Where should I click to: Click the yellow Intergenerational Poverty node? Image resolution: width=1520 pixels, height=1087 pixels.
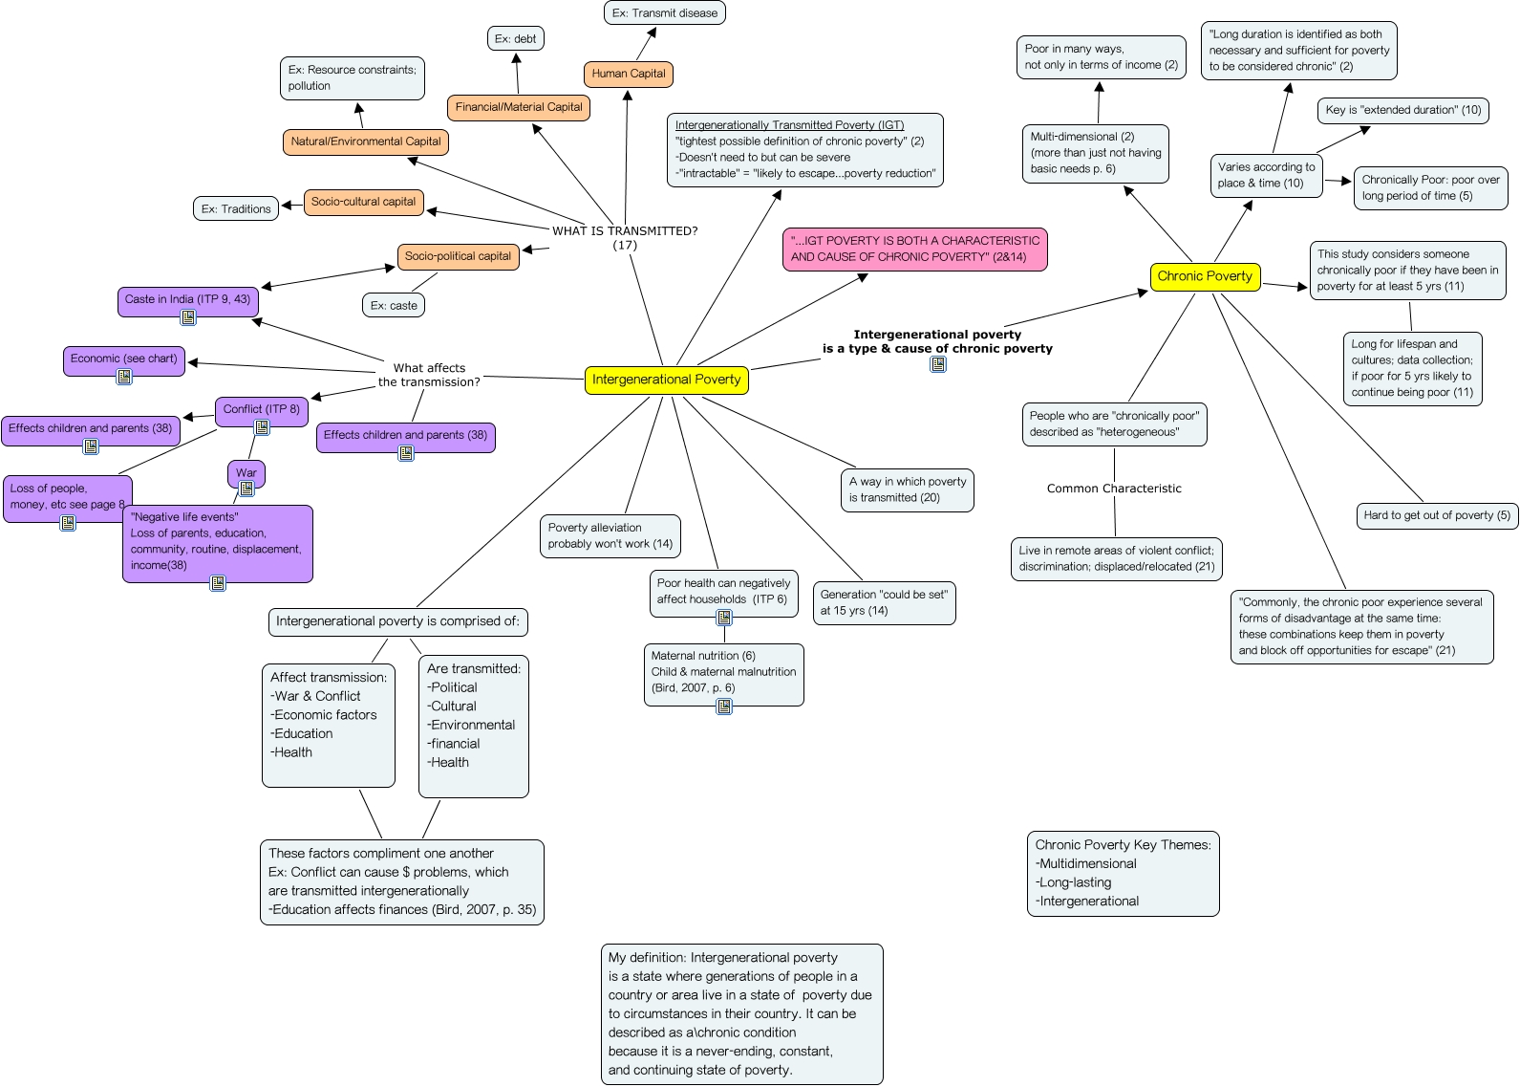(666, 380)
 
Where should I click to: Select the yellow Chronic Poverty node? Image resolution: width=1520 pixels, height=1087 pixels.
(1204, 276)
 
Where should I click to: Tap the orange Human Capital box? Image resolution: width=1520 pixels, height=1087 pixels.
(628, 74)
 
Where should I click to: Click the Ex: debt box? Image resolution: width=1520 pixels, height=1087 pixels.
(515, 39)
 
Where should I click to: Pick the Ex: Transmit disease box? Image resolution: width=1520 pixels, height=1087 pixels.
(664, 13)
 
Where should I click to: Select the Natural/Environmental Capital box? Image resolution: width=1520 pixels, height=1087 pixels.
(365, 141)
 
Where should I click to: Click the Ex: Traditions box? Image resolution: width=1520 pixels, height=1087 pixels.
(236, 208)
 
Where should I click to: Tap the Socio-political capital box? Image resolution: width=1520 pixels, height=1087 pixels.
(458, 256)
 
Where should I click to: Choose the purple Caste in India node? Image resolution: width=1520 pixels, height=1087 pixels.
(187, 299)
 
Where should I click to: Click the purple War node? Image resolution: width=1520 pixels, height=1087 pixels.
(246, 472)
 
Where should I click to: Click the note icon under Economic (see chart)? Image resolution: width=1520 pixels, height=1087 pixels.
(124, 377)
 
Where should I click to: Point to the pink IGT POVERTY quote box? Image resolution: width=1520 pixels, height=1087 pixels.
(914, 249)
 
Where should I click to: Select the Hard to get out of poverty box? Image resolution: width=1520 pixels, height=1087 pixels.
(1436, 515)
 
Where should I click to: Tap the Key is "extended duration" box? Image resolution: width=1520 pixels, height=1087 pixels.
(1402, 110)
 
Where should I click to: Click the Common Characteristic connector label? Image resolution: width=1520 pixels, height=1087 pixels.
(1113, 489)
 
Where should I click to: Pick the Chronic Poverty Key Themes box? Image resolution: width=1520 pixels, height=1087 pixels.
(1123, 873)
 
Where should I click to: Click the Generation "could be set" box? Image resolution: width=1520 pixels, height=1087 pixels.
(883, 602)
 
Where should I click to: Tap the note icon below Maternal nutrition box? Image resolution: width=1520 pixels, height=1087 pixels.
(724, 707)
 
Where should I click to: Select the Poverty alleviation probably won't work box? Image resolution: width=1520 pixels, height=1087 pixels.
(610, 535)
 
